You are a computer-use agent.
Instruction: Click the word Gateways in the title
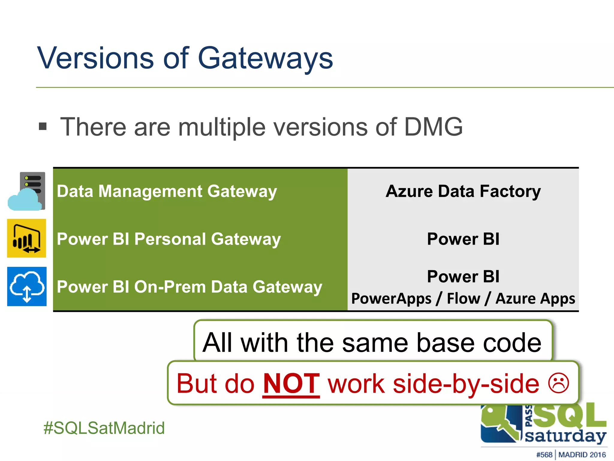pyautogui.click(x=265, y=59)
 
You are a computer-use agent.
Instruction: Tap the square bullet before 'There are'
pyautogui.click(x=43, y=126)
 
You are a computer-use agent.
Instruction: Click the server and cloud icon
pyautogui.click(x=27, y=191)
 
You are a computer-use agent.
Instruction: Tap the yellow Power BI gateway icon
pyautogui.click(x=27, y=238)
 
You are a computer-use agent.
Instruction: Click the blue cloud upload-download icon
pyautogui.click(x=27, y=286)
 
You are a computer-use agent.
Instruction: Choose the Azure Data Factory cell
pyautogui.click(x=463, y=191)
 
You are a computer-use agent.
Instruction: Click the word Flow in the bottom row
pyautogui.click(x=463, y=299)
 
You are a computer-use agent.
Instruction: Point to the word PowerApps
pyautogui.click(x=391, y=299)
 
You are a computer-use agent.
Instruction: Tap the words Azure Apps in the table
pyautogui.click(x=535, y=299)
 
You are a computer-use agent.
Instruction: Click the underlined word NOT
pyautogui.click(x=291, y=384)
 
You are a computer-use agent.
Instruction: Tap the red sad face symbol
pyautogui.click(x=558, y=383)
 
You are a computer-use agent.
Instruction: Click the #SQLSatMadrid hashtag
pyautogui.click(x=104, y=428)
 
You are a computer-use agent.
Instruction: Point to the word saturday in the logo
pyautogui.click(x=565, y=436)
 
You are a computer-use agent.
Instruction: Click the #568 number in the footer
pyautogui.click(x=544, y=455)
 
